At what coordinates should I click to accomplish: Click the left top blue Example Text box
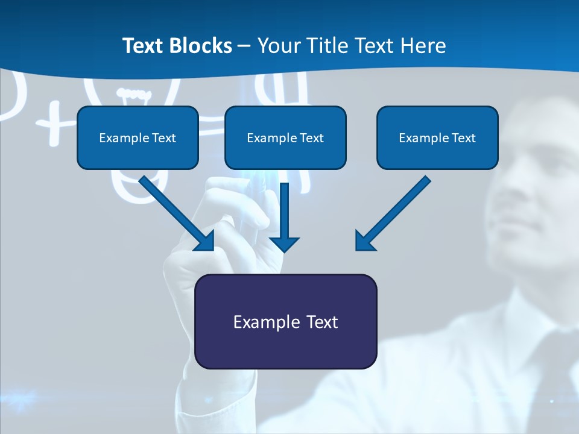(138, 137)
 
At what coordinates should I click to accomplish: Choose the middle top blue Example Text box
(285, 137)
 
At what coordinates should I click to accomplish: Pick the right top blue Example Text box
(437, 137)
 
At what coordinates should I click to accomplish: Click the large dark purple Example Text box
(285, 322)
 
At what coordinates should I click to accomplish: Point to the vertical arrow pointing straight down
(284, 217)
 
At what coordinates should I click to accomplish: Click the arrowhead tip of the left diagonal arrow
(212, 249)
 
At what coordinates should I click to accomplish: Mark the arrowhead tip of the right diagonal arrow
(357, 249)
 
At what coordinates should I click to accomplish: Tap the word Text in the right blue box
(463, 138)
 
